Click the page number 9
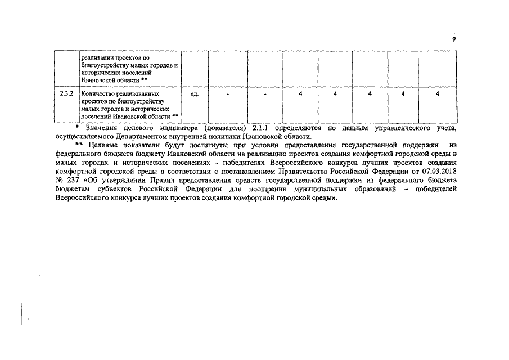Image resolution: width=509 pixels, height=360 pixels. tap(453, 39)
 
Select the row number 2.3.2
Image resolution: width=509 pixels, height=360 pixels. tap(66, 93)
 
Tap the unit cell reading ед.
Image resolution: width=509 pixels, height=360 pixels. tap(195, 93)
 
